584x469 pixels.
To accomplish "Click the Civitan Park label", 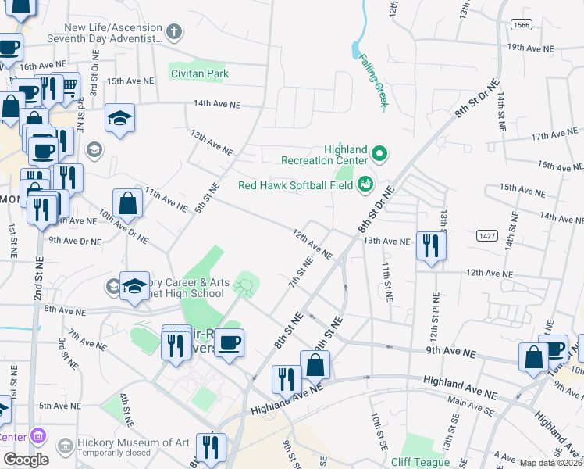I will click(x=200, y=74).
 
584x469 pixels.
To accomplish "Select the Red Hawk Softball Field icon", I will click(x=365, y=185).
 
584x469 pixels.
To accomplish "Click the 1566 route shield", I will click(x=523, y=25).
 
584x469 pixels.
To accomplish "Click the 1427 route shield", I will click(x=487, y=234).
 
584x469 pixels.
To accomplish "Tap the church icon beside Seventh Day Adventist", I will click(x=174, y=32).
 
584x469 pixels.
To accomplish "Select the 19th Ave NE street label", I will click(x=530, y=48).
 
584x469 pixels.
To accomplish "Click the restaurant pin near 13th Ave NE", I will click(x=431, y=245).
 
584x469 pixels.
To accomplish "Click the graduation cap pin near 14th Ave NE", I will click(x=120, y=118).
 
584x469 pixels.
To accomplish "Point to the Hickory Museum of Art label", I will click(x=134, y=442).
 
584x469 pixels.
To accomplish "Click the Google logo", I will click(x=26, y=460).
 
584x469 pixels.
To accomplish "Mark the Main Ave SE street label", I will click(x=467, y=404).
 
